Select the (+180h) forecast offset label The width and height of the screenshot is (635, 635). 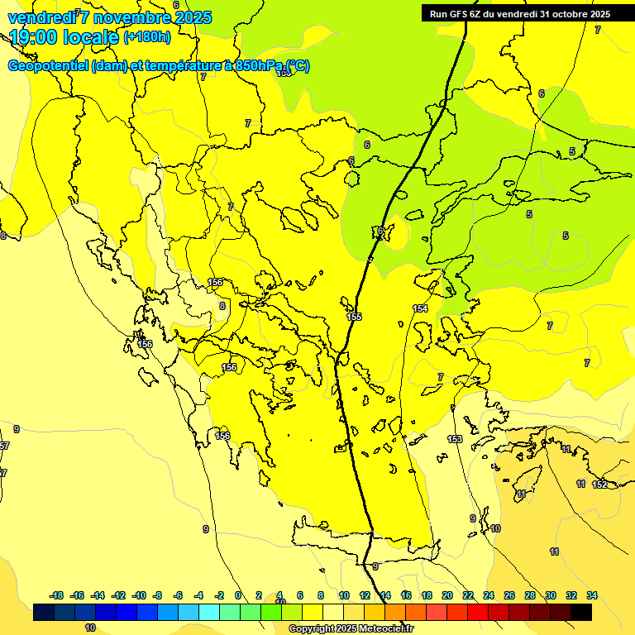coord(147,37)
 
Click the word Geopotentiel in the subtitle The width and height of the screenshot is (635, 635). coord(48,66)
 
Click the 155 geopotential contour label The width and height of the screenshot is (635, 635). coord(354,317)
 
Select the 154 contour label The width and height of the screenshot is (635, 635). coord(420,308)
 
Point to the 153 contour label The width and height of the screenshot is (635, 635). coord(455,439)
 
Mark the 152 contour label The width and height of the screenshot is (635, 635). coord(599,485)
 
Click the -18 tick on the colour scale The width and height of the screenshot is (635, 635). coord(56,595)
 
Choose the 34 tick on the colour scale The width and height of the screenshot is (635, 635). coord(592,595)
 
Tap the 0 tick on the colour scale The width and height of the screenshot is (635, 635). coord(238,595)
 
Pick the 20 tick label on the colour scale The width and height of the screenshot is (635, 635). coord(447,595)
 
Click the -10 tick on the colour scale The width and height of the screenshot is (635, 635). coord(138,595)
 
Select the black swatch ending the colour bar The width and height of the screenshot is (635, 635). coord(581,612)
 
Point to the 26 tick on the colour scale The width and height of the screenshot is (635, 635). coord(509,595)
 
